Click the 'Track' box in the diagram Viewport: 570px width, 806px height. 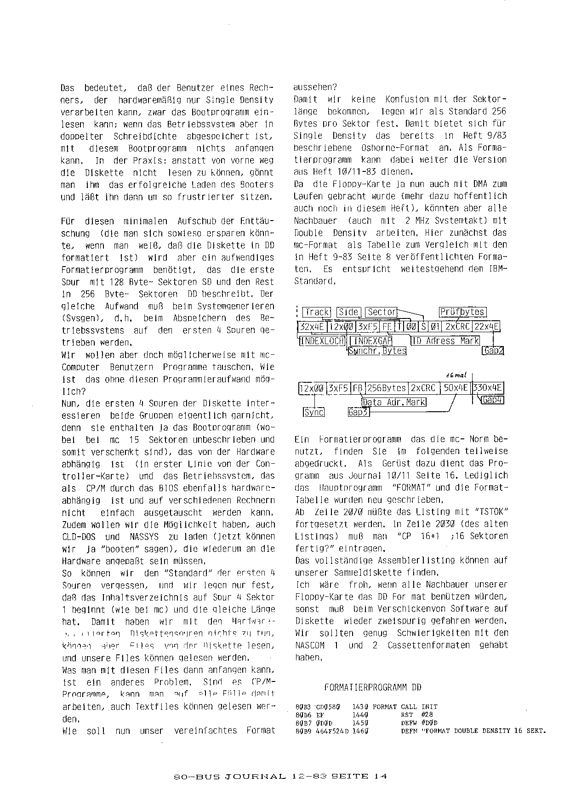[x=317, y=312]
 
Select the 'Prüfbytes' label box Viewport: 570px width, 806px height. [x=462, y=312]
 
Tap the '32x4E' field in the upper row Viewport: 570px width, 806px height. [x=312, y=327]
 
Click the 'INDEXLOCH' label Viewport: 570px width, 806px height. [x=322, y=341]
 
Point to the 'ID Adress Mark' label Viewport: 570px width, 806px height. [x=445, y=341]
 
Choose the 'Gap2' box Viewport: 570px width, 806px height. [x=493, y=351]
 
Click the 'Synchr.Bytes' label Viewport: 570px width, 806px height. [x=377, y=351]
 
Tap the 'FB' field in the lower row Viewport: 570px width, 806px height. [x=357, y=388]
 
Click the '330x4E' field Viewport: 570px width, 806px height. [x=488, y=388]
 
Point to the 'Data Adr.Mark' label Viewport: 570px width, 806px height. [x=394, y=403]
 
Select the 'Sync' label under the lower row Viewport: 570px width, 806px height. [x=314, y=412]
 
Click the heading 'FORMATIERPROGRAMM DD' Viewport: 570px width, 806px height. [x=372, y=688]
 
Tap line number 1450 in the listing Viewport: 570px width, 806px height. [x=360, y=723]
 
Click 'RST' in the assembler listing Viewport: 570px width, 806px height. [x=407, y=715]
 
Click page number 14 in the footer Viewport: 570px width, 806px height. [x=380, y=777]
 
